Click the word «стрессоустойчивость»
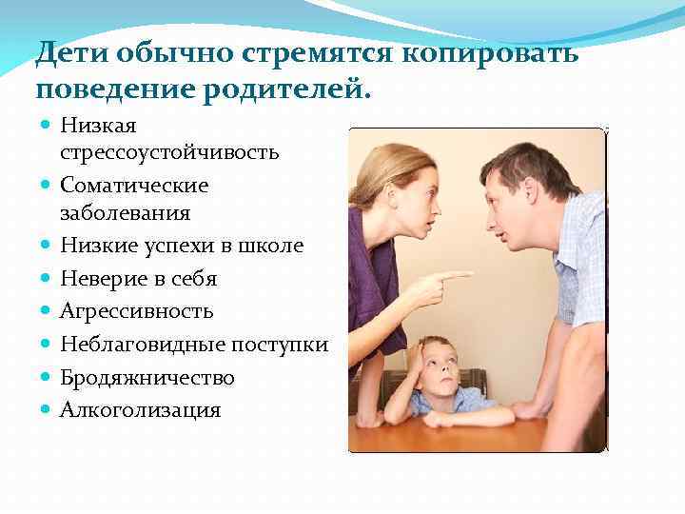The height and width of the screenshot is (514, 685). click(x=169, y=152)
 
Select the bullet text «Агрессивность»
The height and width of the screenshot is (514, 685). click(x=136, y=311)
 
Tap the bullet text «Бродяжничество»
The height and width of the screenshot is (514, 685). click(x=147, y=378)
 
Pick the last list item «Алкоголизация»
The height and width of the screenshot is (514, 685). click(x=140, y=410)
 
